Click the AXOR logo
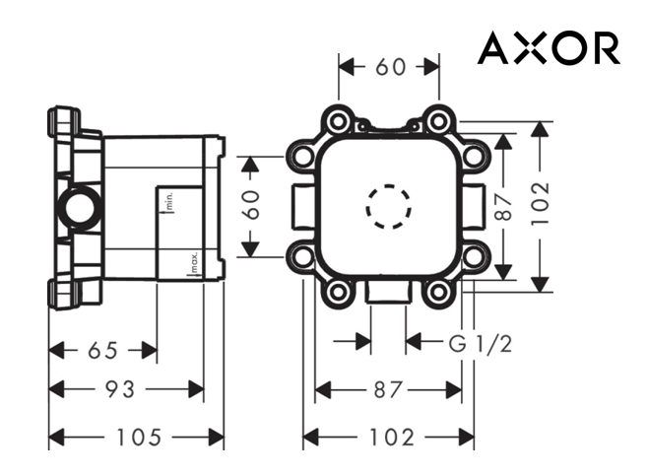(x=549, y=47)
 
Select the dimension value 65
(x=102, y=350)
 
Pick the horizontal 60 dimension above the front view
(x=390, y=67)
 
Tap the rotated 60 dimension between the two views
(x=252, y=205)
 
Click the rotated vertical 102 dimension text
(x=541, y=205)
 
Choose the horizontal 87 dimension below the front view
(x=388, y=390)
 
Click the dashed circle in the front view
(x=388, y=207)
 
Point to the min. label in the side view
(x=168, y=203)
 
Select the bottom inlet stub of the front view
(x=388, y=293)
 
